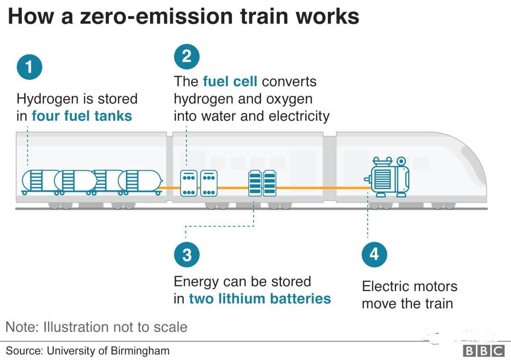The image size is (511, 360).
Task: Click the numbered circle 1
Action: pyautogui.click(x=29, y=67)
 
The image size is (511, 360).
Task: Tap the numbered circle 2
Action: pyautogui.click(x=186, y=57)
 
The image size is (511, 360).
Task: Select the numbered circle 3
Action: pyautogui.click(x=186, y=255)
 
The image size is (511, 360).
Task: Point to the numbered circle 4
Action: pyautogui.click(x=374, y=255)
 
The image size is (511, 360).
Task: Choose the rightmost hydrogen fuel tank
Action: pyautogui.click(x=140, y=181)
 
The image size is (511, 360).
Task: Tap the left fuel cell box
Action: pyautogui.click(x=189, y=183)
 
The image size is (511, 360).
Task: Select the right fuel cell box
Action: pyautogui.click(x=209, y=183)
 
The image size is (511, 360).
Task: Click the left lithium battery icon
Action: pyautogui.click(x=255, y=183)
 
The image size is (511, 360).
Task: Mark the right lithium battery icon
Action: pyautogui.click(x=269, y=183)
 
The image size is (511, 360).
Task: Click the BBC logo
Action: pyautogui.click(x=484, y=351)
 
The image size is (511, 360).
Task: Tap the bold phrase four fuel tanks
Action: pyautogui.click(x=82, y=116)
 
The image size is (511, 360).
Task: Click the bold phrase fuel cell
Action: pyautogui.click(x=230, y=81)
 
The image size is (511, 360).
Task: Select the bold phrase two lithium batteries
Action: pyautogui.click(x=260, y=299)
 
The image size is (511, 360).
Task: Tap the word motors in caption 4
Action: pyautogui.click(x=434, y=286)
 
